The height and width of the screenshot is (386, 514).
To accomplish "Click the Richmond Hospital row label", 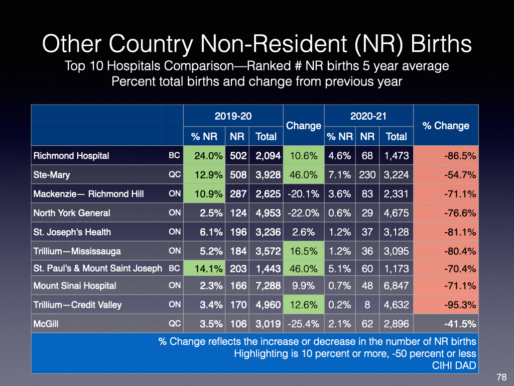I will click(x=71, y=155).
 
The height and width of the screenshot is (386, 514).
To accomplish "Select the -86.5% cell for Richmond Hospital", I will click(x=460, y=155).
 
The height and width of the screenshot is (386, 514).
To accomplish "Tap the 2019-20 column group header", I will click(x=233, y=116).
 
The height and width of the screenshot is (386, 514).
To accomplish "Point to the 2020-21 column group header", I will click(x=368, y=116).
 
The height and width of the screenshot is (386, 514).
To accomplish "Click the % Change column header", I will click(x=446, y=126).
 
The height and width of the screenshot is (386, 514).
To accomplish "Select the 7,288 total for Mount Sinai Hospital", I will click(x=266, y=285).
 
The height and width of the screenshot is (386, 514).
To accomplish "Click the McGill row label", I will click(x=46, y=323).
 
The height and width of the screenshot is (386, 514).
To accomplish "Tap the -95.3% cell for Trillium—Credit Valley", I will click(x=460, y=305).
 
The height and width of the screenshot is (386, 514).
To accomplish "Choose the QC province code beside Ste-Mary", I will click(x=175, y=175).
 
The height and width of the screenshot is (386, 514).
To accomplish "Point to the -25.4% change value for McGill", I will click(x=303, y=323).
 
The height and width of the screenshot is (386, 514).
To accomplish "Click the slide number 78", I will click(x=501, y=377).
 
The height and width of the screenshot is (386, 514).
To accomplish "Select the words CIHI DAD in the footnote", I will click(x=454, y=365).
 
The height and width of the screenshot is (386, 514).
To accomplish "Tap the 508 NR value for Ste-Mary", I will click(x=238, y=175).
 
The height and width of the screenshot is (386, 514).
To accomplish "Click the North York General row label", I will click(x=72, y=213).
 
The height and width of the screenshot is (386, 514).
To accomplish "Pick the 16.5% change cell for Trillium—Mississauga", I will click(x=303, y=251).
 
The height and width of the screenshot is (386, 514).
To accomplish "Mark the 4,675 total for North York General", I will click(x=397, y=213).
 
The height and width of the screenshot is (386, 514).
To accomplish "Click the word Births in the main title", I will click(x=441, y=44).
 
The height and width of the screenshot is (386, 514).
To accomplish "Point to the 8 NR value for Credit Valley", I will click(x=367, y=305).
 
